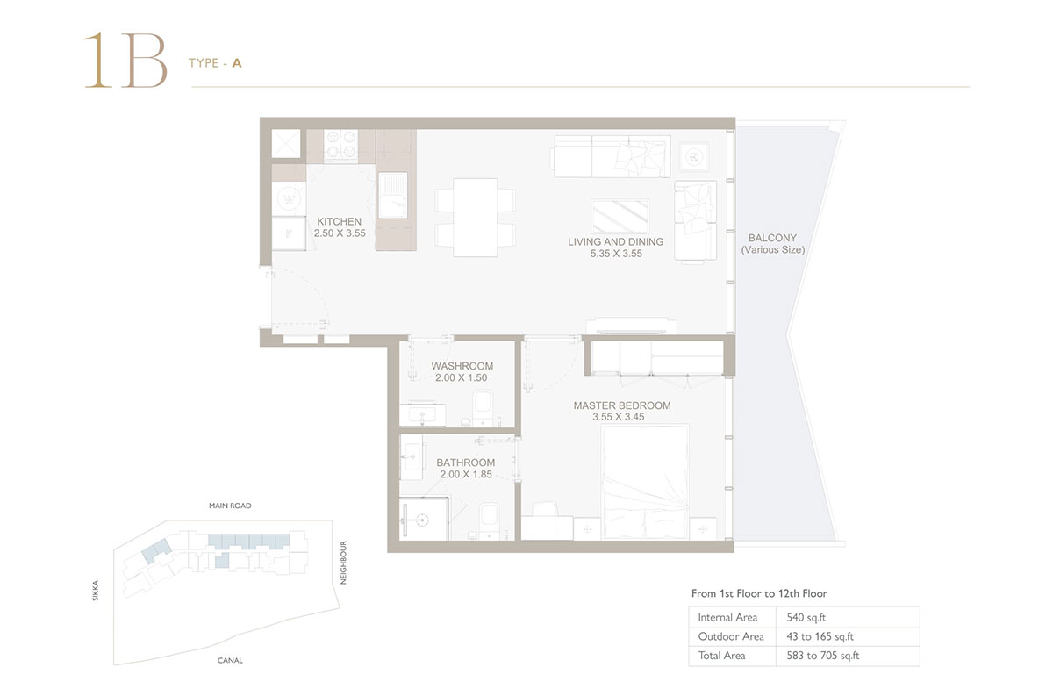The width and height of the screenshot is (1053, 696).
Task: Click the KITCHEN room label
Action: pos(339,221)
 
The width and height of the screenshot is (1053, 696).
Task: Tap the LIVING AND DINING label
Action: pos(615,241)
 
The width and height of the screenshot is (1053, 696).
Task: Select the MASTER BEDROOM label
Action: pos(621,405)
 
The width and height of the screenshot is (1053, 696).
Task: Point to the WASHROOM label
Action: pos(462,366)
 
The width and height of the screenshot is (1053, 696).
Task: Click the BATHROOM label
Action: pos(465,463)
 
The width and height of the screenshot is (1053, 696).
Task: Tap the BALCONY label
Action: pos(772,238)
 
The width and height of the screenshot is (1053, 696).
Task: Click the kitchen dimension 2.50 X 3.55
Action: pos(339,233)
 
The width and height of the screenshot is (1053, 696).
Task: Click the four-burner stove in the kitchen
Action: pos(340,145)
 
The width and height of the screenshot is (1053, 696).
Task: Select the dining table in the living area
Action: pos(475,217)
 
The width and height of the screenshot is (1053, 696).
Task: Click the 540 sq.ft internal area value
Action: pos(800,618)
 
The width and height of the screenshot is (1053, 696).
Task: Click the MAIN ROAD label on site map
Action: pos(229,506)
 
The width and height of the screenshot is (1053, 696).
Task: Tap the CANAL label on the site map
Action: pos(230,660)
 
